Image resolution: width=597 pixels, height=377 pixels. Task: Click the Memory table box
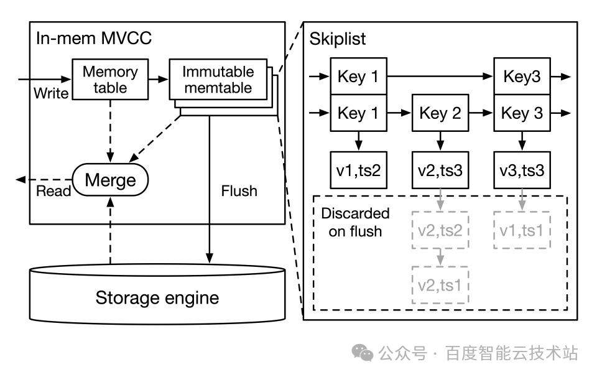[x=109, y=79]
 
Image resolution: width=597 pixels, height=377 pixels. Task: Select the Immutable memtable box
[x=217, y=79]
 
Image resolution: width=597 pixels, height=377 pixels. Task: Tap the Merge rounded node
[x=110, y=180]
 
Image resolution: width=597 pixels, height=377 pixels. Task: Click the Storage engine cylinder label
[x=157, y=297]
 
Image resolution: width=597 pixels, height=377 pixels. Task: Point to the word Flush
[x=239, y=190]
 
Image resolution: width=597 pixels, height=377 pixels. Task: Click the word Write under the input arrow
[x=51, y=93]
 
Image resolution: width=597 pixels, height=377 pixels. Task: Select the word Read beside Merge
[x=53, y=191]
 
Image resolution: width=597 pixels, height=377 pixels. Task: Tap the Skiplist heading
[x=338, y=39]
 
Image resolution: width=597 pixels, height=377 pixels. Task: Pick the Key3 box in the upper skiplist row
[x=521, y=77]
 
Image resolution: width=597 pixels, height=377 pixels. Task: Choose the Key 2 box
[x=440, y=113]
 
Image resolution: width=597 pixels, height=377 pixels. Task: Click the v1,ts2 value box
[x=358, y=170]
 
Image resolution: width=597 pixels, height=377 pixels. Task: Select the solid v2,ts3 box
[x=440, y=170]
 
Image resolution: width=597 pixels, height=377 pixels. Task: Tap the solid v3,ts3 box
[x=521, y=170]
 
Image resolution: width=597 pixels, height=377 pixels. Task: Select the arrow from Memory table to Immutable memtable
[x=159, y=79]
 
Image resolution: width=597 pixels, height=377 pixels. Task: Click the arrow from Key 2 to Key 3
[x=481, y=113]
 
